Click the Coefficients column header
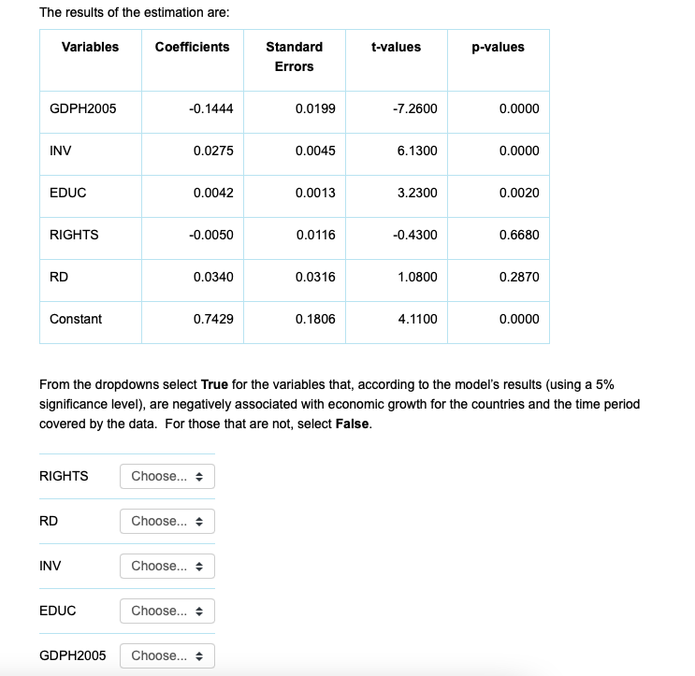pyautogui.click(x=192, y=48)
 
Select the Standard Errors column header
pyautogui.click(x=294, y=57)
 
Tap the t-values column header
pyautogui.click(x=396, y=48)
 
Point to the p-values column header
pyautogui.click(x=498, y=48)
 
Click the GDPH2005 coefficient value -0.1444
pyautogui.click(x=211, y=109)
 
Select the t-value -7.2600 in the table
pyautogui.click(x=415, y=109)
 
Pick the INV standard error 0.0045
pyautogui.click(x=314, y=151)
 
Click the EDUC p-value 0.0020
pyautogui.click(x=519, y=194)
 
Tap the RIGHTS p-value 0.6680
pyautogui.click(x=519, y=236)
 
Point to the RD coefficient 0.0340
pyautogui.click(x=213, y=278)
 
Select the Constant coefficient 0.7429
pyautogui.click(x=213, y=320)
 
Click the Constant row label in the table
pyautogui.click(x=76, y=320)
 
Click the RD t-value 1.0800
pyautogui.click(x=417, y=278)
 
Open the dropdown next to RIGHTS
pyautogui.click(x=167, y=477)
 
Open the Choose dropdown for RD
pyautogui.click(x=167, y=522)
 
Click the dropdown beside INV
pyautogui.click(x=167, y=567)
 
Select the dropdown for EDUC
pyautogui.click(x=167, y=611)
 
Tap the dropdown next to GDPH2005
pyautogui.click(x=167, y=655)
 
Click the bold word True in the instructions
pyautogui.click(x=215, y=385)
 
